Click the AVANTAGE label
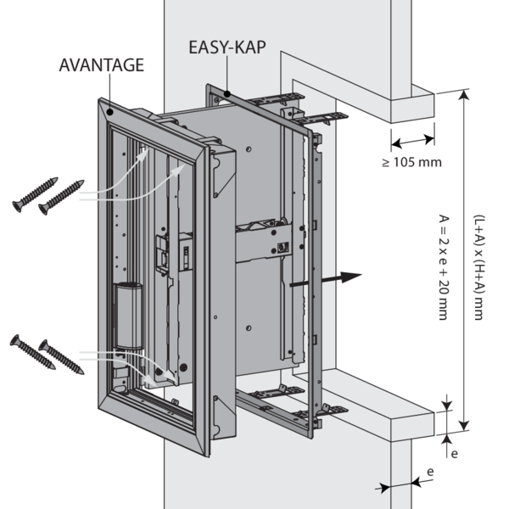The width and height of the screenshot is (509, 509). click(x=101, y=64)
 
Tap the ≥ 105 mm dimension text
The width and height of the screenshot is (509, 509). click(x=411, y=162)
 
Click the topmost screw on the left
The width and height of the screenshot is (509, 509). click(x=35, y=195)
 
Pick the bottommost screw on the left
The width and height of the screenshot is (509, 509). click(x=62, y=359)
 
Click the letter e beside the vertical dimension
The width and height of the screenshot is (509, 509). click(x=454, y=454)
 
